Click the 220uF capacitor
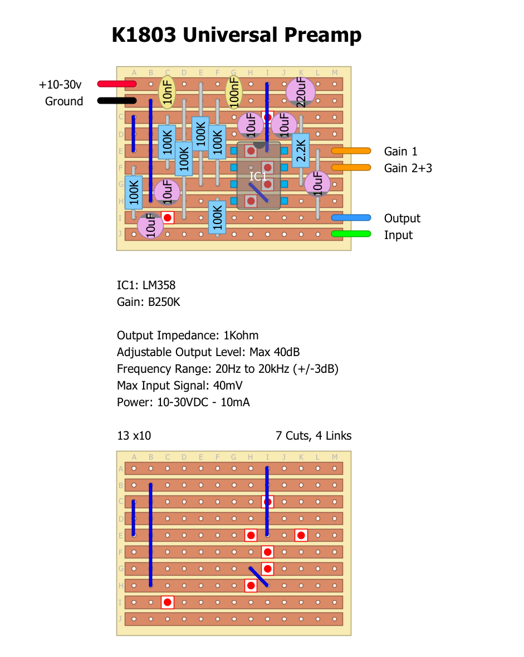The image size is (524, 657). (x=301, y=92)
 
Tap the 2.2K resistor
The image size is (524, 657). (x=301, y=150)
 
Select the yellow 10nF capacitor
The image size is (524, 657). (x=167, y=92)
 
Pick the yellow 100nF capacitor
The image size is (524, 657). (x=234, y=92)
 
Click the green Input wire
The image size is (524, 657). (x=351, y=234)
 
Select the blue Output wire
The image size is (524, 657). (x=351, y=217)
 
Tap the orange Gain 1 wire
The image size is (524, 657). (x=351, y=150)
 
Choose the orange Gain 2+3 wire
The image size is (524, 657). (x=351, y=167)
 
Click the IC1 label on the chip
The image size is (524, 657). (x=258, y=177)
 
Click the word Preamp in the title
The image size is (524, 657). (x=323, y=35)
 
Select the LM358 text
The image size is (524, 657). (x=159, y=285)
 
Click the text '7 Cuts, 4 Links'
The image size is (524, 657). (x=314, y=436)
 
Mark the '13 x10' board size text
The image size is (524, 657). (x=134, y=436)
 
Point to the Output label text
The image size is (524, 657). (x=402, y=218)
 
